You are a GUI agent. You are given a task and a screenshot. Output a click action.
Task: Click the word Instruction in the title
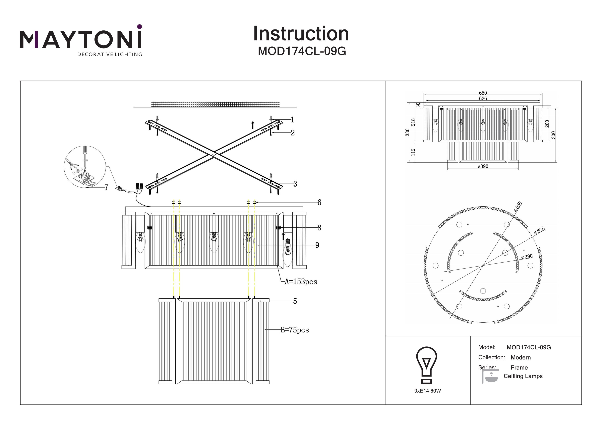pos(301,34)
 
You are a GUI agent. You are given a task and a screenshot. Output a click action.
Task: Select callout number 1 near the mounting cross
pos(292,120)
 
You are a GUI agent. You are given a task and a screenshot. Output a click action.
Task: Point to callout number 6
pos(319,202)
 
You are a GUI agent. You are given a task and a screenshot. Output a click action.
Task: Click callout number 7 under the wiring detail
pos(106,188)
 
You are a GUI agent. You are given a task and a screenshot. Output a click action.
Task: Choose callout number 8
pos(319,228)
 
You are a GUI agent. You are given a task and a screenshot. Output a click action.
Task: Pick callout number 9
pos(317,245)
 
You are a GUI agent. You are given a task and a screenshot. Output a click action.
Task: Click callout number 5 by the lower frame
pos(295,301)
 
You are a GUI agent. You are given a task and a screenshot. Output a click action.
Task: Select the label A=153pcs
pos(301,282)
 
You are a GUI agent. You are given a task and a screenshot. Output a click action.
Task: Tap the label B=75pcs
pos(295,330)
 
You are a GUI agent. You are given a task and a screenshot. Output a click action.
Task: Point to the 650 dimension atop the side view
pos(483,93)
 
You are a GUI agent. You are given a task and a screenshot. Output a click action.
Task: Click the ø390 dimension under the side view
pos(483,167)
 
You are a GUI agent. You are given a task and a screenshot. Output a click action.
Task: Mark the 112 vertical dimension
pos(413,152)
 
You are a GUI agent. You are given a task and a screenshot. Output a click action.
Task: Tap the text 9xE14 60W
pos(427,391)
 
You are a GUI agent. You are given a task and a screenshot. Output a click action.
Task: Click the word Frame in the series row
pos(519,368)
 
